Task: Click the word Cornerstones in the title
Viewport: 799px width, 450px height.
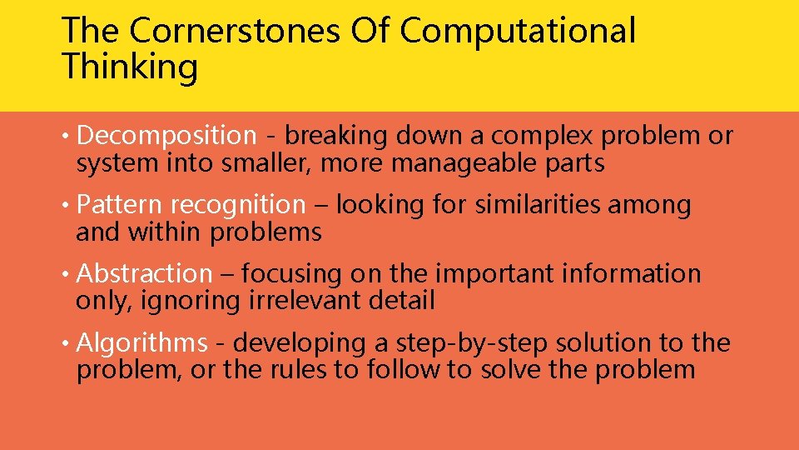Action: [236, 31]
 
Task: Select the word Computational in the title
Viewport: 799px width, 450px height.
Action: [518, 31]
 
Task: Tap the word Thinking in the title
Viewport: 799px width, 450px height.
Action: [130, 67]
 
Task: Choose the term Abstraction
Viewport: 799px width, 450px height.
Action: [145, 274]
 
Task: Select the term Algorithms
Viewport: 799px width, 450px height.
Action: [141, 343]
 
